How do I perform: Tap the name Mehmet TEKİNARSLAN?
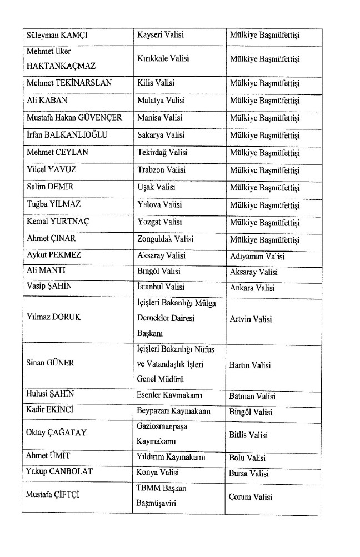click(69, 83)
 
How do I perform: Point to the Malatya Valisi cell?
click(161, 101)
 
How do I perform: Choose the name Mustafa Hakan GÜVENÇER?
click(74, 118)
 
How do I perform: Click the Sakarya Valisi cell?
click(161, 135)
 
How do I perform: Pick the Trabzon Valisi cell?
click(161, 170)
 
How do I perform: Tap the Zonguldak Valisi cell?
click(165, 239)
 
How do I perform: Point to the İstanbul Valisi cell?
click(161, 288)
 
